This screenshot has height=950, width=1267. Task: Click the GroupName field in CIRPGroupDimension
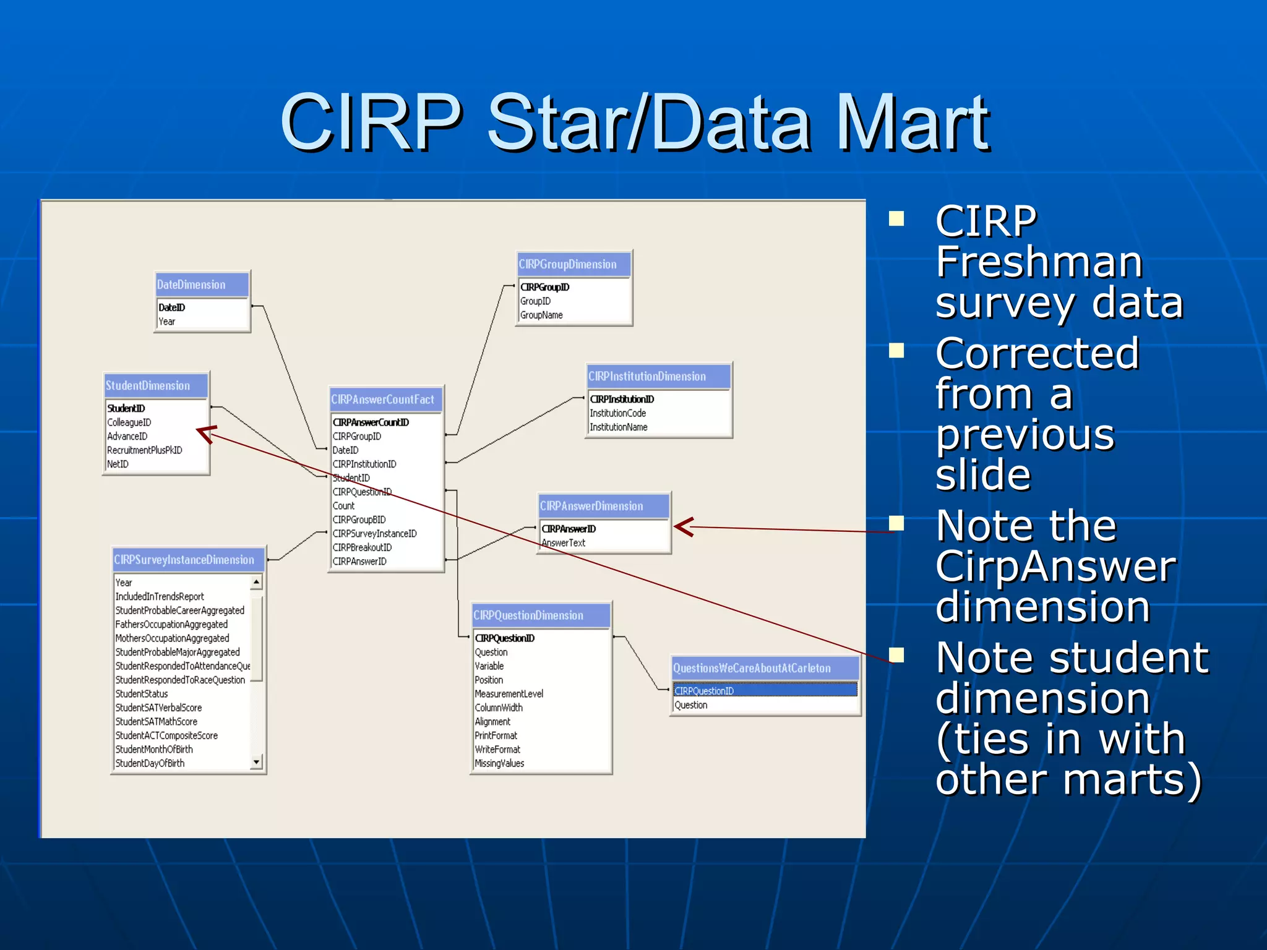coord(541,315)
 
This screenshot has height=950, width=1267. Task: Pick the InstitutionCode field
coord(617,413)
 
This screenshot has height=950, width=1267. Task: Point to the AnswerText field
coord(564,543)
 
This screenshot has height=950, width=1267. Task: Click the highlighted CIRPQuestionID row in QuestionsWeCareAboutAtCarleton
coord(765,690)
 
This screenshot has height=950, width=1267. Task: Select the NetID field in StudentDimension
coord(118,464)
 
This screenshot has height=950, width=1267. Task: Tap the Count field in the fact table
coord(344,506)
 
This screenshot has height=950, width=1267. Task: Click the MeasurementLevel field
coord(509,694)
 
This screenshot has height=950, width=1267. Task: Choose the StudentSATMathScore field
coord(157,722)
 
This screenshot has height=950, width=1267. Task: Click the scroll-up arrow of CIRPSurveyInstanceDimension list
coord(256,582)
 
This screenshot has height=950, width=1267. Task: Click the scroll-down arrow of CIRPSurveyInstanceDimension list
coord(256,762)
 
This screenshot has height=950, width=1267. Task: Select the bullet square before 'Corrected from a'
coord(896,351)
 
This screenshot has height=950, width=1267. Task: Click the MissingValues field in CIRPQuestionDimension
coord(499,763)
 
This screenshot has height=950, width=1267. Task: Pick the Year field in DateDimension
coord(167,322)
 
